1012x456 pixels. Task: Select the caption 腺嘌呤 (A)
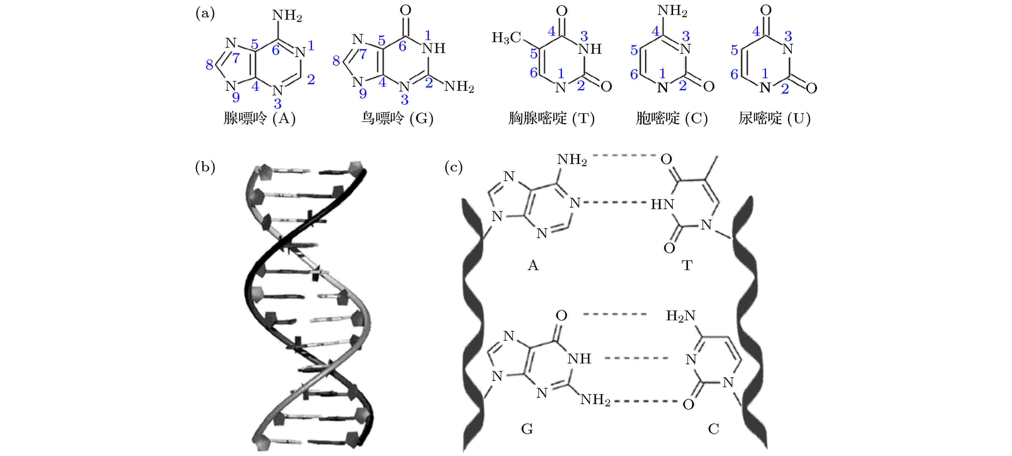[259, 118]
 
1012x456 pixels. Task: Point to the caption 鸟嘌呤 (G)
[397, 118]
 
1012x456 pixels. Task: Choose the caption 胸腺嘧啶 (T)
[552, 118]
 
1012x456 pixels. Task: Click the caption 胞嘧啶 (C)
[672, 118]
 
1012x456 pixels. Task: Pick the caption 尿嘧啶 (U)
[775, 118]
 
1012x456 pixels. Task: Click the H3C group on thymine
[507, 38]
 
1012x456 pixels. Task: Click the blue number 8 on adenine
[209, 65]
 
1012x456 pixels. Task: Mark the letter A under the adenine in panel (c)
[533, 265]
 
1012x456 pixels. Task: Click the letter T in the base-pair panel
[687, 265]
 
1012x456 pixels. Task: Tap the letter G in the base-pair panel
[527, 429]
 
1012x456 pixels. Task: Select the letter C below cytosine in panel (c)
[713, 429]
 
